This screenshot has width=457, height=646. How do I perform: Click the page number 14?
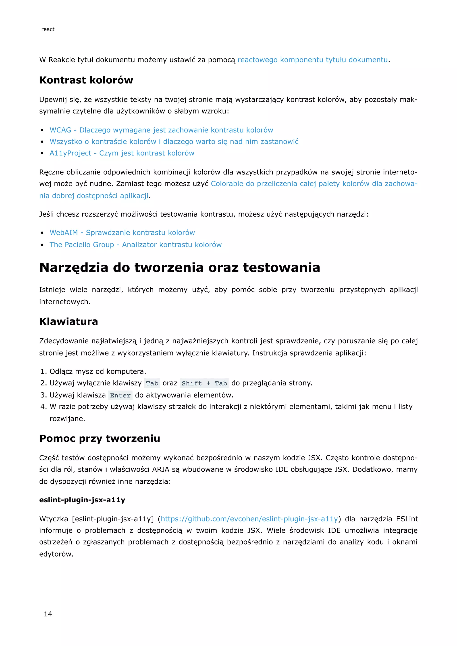tap(48, 614)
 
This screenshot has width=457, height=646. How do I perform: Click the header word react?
tap(48, 29)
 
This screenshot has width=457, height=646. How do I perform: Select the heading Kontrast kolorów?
tap(86, 80)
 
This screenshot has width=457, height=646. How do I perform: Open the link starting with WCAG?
tap(161, 130)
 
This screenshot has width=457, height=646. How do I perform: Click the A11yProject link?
tap(122, 153)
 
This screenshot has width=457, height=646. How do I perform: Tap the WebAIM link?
tap(122, 233)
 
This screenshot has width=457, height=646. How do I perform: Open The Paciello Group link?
tap(135, 245)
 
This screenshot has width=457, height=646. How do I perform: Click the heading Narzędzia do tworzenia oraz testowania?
tap(180, 268)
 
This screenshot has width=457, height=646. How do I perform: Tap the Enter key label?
tap(120, 395)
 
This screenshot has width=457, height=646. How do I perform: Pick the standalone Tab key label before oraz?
tap(152, 383)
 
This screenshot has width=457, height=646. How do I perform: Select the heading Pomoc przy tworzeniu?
tap(100, 438)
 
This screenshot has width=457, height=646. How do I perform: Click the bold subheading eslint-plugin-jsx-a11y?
tap(82, 500)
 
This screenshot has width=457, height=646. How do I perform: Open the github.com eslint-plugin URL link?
tap(249, 519)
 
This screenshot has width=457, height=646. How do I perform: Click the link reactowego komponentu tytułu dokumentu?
tap(313, 60)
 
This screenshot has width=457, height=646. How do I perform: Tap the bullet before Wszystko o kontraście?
tap(42, 142)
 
